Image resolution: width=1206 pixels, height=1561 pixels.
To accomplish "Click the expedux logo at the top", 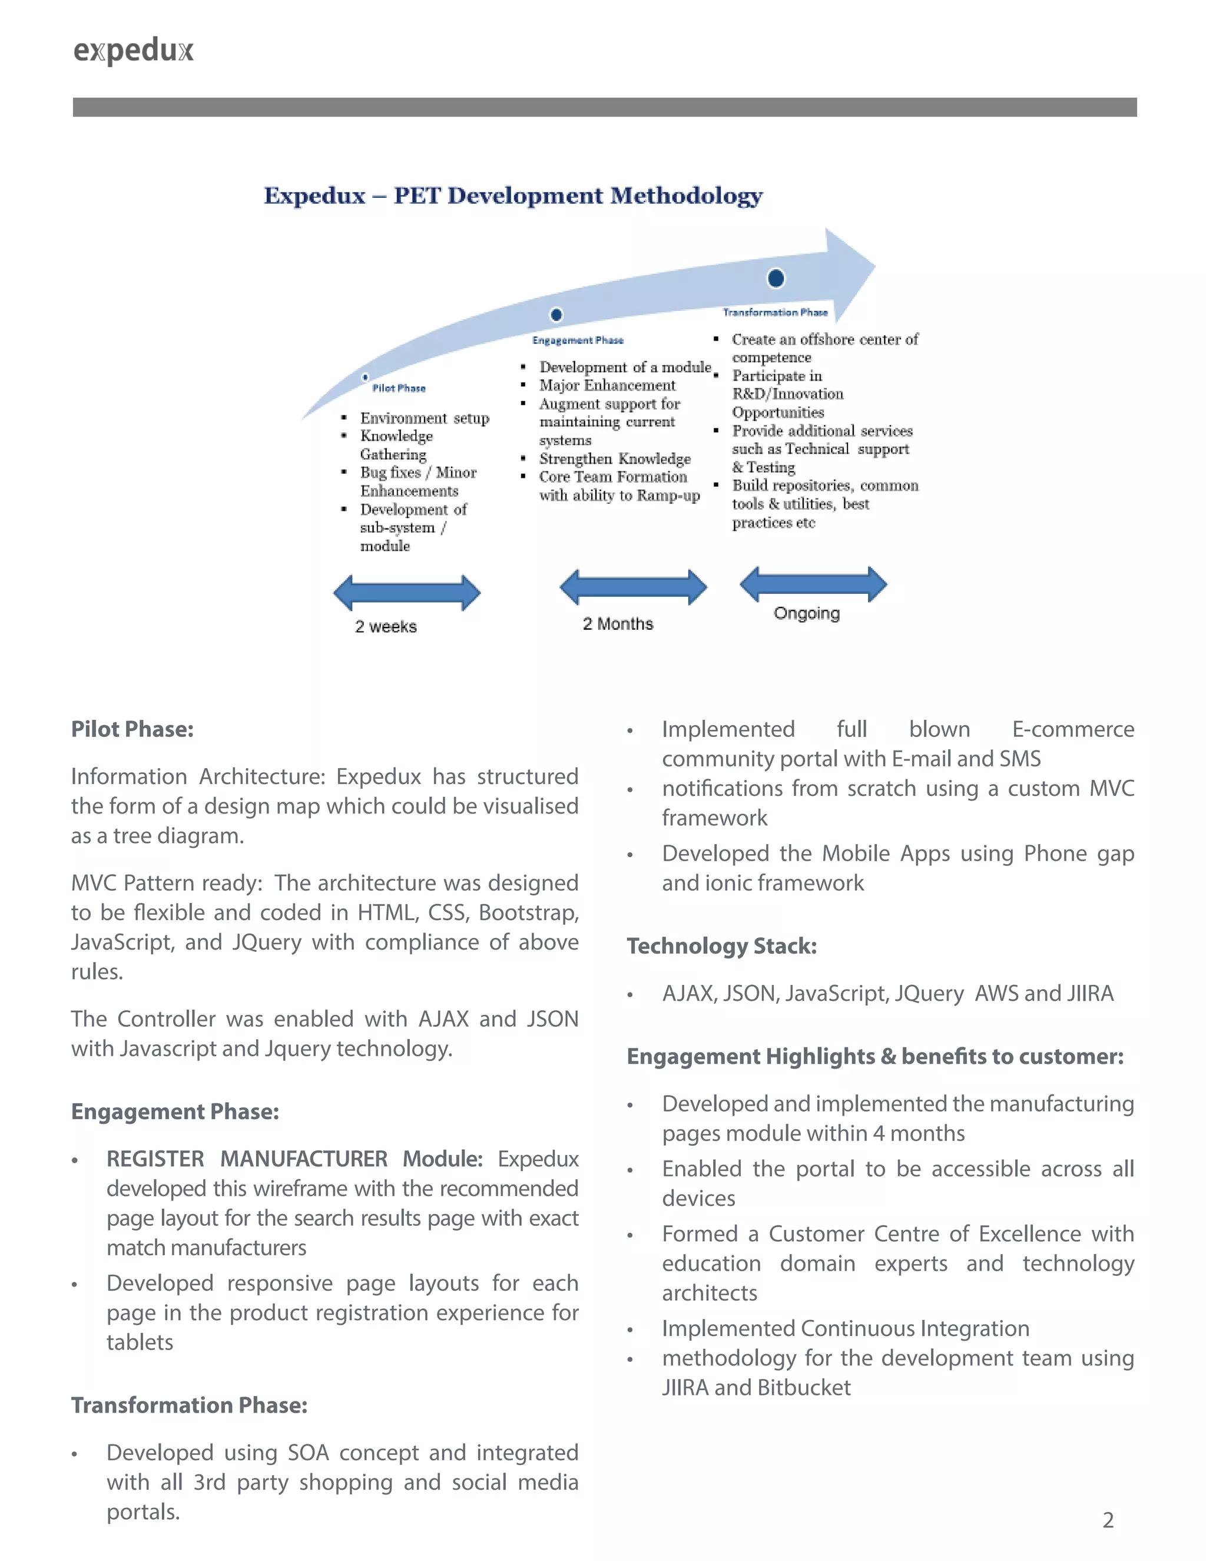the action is (x=134, y=51).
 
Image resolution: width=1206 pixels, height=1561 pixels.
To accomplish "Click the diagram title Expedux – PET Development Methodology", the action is (x=513, y=196).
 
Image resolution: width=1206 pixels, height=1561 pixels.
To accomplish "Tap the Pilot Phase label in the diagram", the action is (x=399, y=388).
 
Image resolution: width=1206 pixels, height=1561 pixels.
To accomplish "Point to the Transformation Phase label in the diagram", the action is (x=775, y=312).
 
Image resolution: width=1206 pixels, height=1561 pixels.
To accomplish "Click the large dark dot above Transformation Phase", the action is (x=776, y=278).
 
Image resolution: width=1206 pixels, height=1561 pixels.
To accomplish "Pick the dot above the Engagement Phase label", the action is (x=556, y=315).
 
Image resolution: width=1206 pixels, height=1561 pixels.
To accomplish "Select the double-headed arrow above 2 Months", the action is (x=633, y=587).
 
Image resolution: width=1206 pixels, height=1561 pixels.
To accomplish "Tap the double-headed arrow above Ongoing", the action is (x=813, y=584).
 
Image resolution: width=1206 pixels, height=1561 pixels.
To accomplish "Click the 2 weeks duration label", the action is (x=386, y=627).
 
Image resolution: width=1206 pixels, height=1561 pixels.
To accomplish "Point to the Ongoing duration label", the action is (x=807, y=614).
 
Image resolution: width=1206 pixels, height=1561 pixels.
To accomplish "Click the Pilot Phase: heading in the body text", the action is (x=132, y=729).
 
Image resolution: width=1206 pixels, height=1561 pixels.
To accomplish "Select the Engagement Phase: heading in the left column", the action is (x=175, y=1112).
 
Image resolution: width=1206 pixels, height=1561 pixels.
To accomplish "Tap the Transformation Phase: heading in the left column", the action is (x=190, y=1405).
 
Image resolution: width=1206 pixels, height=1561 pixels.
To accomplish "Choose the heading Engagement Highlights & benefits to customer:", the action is (x=874, y=1056).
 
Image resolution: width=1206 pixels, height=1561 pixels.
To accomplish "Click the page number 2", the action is (x=1108, y=1520).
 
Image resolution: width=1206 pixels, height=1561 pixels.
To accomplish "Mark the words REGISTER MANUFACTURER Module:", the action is (x=294, y=1159).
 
